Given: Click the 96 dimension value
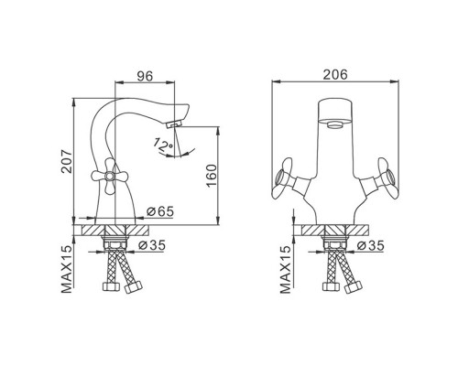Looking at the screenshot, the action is pyautogui.click(x=145, y=76).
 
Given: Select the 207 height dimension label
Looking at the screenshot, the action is pyautogui.click(x=67, y=162).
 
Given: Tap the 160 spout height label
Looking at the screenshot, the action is pyautogui.click(x=212, y=176).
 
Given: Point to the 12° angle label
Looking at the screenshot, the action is pyautogui.click(x=163, y=145).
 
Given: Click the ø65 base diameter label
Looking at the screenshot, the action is pyautogui.click(x=160, y=211).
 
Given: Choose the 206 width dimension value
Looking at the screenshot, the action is pyautogui.click(x=335, y=75).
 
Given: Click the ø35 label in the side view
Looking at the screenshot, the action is pyautogui.click(x=151, y=245).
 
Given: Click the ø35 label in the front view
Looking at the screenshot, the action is pyautogui.click(x=371, y=245).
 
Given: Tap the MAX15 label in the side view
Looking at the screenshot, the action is pyautogui.click(x=67, y=269).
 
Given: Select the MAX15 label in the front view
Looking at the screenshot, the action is pyautogui.click(x=285, y=269).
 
